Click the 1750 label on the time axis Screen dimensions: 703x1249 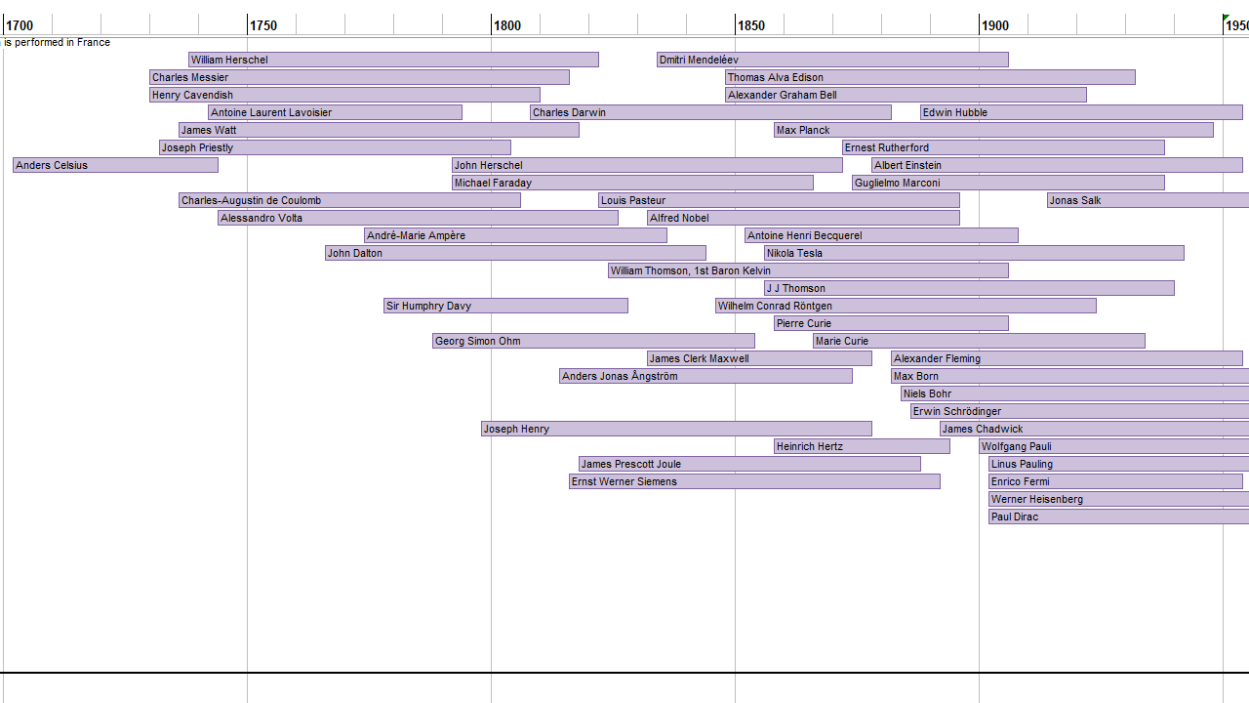pyautogui.click(x=263, y=25)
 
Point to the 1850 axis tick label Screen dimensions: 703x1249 pyautogui.click(x=751, y=25)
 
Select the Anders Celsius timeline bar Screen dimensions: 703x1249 pyautogui.click(x=115, y=165)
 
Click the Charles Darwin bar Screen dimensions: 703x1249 pyautogui.click(x=710, y=112)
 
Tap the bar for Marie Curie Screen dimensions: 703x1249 pyautogui.click(x=979, y=341)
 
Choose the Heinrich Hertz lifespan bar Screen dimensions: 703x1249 pyautogui.click(x=862, y=446)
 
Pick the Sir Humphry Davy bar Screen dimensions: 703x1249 pyautogui.click(x=505, y=306)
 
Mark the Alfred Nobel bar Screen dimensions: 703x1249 pyautogui.click(x=803, y=218)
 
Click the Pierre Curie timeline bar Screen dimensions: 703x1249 pyautogui.click(x=891, y=323)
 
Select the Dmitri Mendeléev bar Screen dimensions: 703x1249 pyautogui.click(x=832, y=60)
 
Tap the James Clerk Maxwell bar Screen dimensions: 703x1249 pyautogui.click(x=759, y=358)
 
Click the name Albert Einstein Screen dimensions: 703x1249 pyautogui.click(x=908, y=165)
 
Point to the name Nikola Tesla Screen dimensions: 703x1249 pyautogui.click(x=794, y=253)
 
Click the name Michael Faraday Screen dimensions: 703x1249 pyautogui.click(x=493, y=183)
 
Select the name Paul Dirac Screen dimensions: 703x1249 pyautogui.click(x=1015, y=517)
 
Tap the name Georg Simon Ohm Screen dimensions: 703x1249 pyautogui.click(x=478, y=341)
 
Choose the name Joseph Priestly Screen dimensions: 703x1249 pyautogui.click(x=197, y=147)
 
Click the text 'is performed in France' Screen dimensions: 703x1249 pyautogui.click(x=57, y=42)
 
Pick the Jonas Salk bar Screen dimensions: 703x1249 pyautogui.click(x=1148, y=200)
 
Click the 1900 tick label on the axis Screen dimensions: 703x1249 pyautogui.click(x=995, y=25)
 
